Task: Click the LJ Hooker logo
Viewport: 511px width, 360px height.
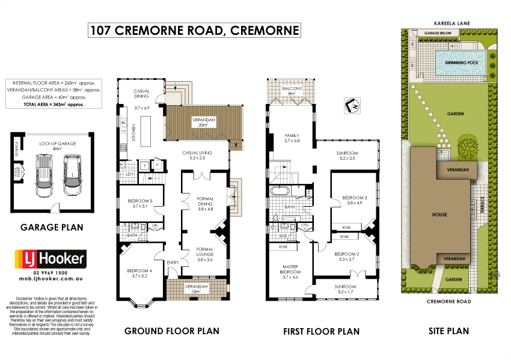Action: pos(50,259)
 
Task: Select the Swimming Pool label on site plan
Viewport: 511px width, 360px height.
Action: pos(461,63)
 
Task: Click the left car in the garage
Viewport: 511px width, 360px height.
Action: pos(45,175)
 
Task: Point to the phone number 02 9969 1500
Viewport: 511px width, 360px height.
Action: pos(50,273)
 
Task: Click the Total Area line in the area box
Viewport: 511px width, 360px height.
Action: pos(54,104)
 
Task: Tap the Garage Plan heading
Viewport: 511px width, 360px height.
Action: pos(52,228)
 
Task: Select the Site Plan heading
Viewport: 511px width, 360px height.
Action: pos(449,331)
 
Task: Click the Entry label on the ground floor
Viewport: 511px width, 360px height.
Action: pos(173,262)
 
